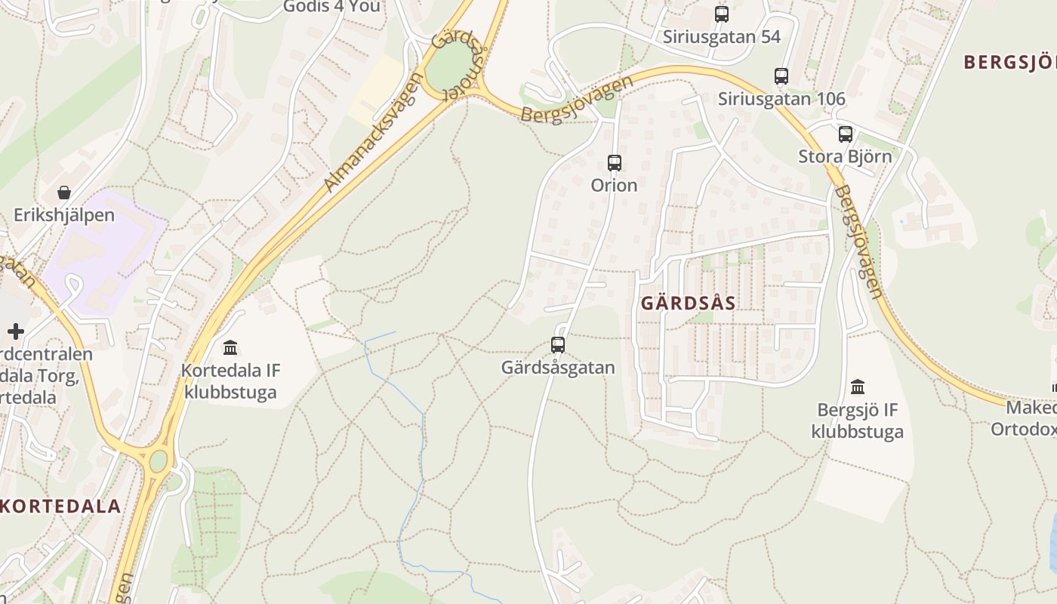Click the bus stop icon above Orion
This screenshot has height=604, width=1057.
click(615, 162)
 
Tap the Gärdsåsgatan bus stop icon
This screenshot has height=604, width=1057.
click(558, 345)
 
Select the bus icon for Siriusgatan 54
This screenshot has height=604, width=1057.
click(722, 14)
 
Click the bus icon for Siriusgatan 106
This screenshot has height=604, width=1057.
click(781, 76)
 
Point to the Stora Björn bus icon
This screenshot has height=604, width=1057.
click(846, 134)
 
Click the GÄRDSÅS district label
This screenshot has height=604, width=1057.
click(688, 304)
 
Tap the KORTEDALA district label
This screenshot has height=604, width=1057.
click(60, 506)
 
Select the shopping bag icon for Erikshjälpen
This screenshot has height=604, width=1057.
click(64, 193)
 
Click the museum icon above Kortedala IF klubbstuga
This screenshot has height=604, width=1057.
click(230, 347)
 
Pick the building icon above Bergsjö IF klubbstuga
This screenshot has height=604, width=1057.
click(858, 387)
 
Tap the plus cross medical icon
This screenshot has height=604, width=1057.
click(16, 331)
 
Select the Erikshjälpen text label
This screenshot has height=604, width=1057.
click(64, 215)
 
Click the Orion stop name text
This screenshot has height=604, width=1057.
click(615, 185)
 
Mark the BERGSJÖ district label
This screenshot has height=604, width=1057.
click(1009, 63)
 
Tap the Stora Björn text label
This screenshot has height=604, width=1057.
click(845, 157)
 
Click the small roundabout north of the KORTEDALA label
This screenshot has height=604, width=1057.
click(158, 461)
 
